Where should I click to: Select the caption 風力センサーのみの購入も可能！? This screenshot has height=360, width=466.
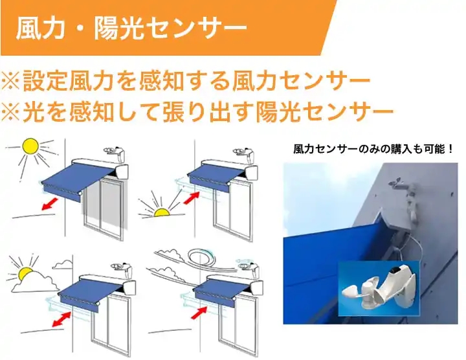373,149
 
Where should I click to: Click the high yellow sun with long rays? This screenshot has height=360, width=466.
30,147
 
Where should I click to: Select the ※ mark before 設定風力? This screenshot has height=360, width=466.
12,83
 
